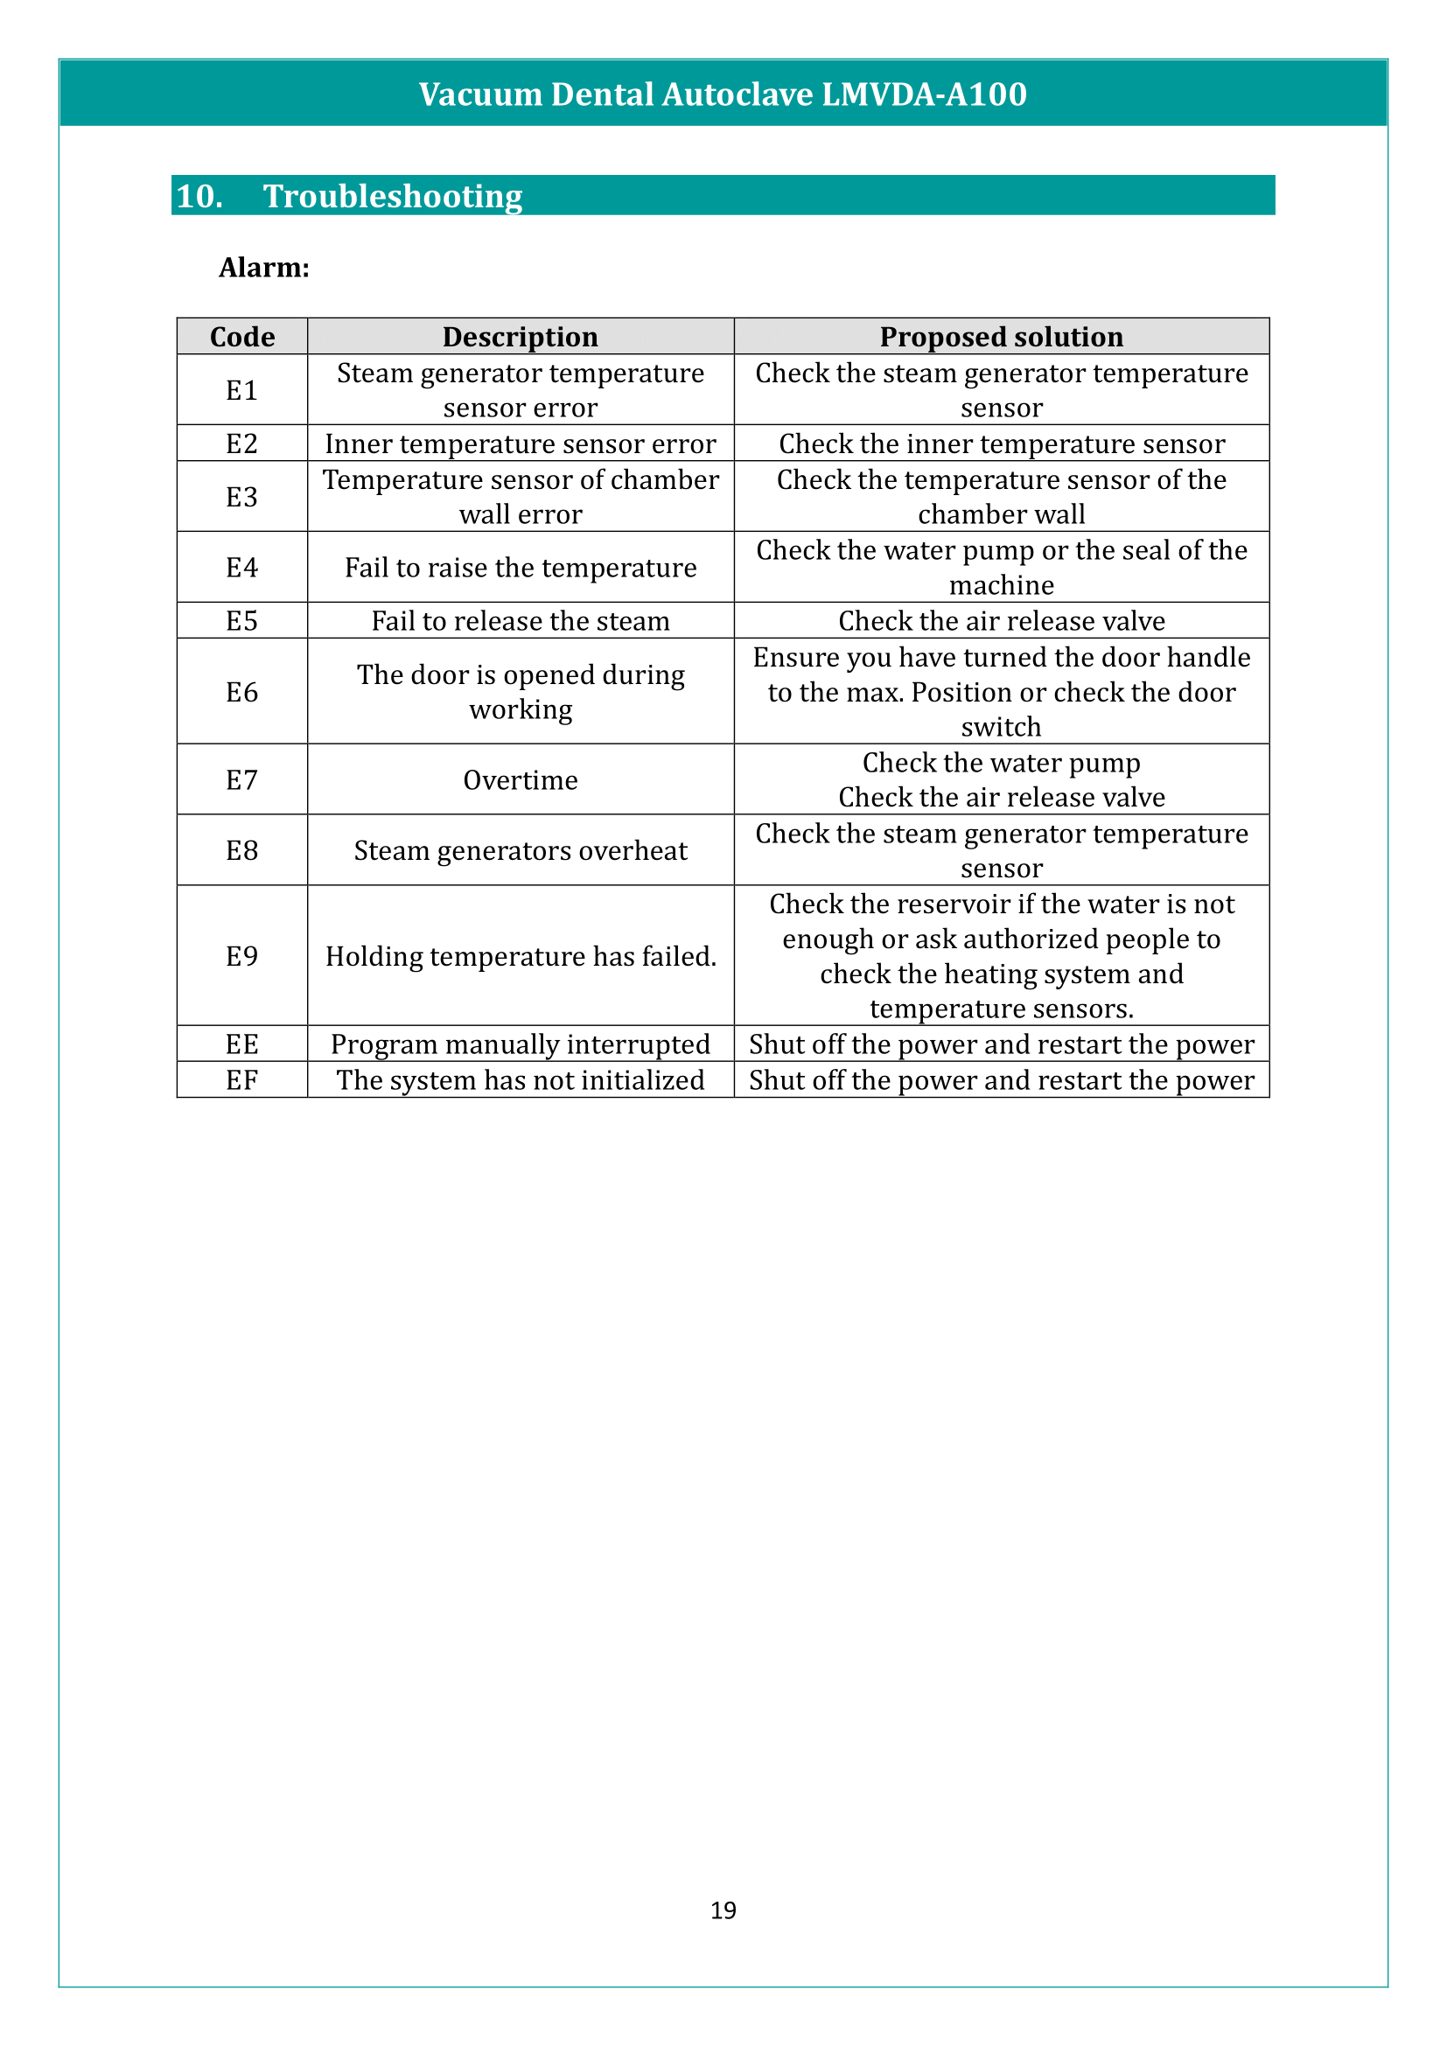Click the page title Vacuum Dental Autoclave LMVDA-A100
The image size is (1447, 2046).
point(723,94)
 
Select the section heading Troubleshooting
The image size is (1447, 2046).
point(392,196)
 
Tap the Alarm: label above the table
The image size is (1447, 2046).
point(263,268)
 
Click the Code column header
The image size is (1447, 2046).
point(241,337)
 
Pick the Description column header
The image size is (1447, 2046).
point(521,337)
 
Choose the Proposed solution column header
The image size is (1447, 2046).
point(1001,337)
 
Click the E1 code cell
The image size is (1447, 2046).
point(241,390)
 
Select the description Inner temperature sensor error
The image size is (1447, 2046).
point(521,443)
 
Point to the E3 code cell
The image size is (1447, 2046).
point(241,496)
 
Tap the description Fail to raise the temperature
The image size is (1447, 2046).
point(521,568)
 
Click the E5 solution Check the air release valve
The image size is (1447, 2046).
point(1001,621)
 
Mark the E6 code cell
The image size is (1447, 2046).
point(241,692)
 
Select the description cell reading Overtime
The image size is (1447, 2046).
point(521,779)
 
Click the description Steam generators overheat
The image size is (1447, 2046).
point(521,850)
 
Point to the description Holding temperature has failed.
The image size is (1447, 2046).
point(521,956)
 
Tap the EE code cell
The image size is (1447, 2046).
point(241,1044)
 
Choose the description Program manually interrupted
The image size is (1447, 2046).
point(521,1044)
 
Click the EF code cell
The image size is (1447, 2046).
point(241,1080)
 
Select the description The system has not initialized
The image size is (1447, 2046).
point(521,1080)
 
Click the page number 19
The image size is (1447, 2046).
point(723,1910)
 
